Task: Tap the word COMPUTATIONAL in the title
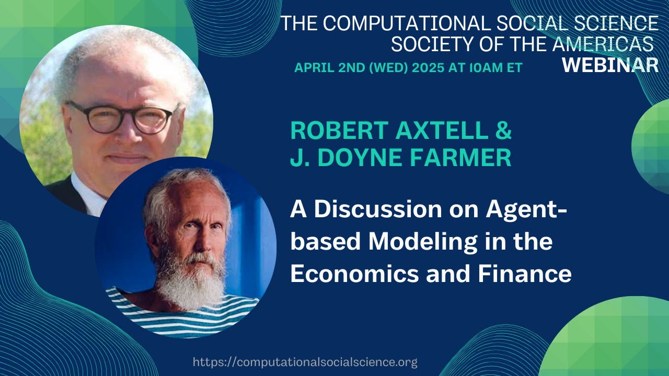406,24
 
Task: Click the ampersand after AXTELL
503,131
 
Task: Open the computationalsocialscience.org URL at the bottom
305,362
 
